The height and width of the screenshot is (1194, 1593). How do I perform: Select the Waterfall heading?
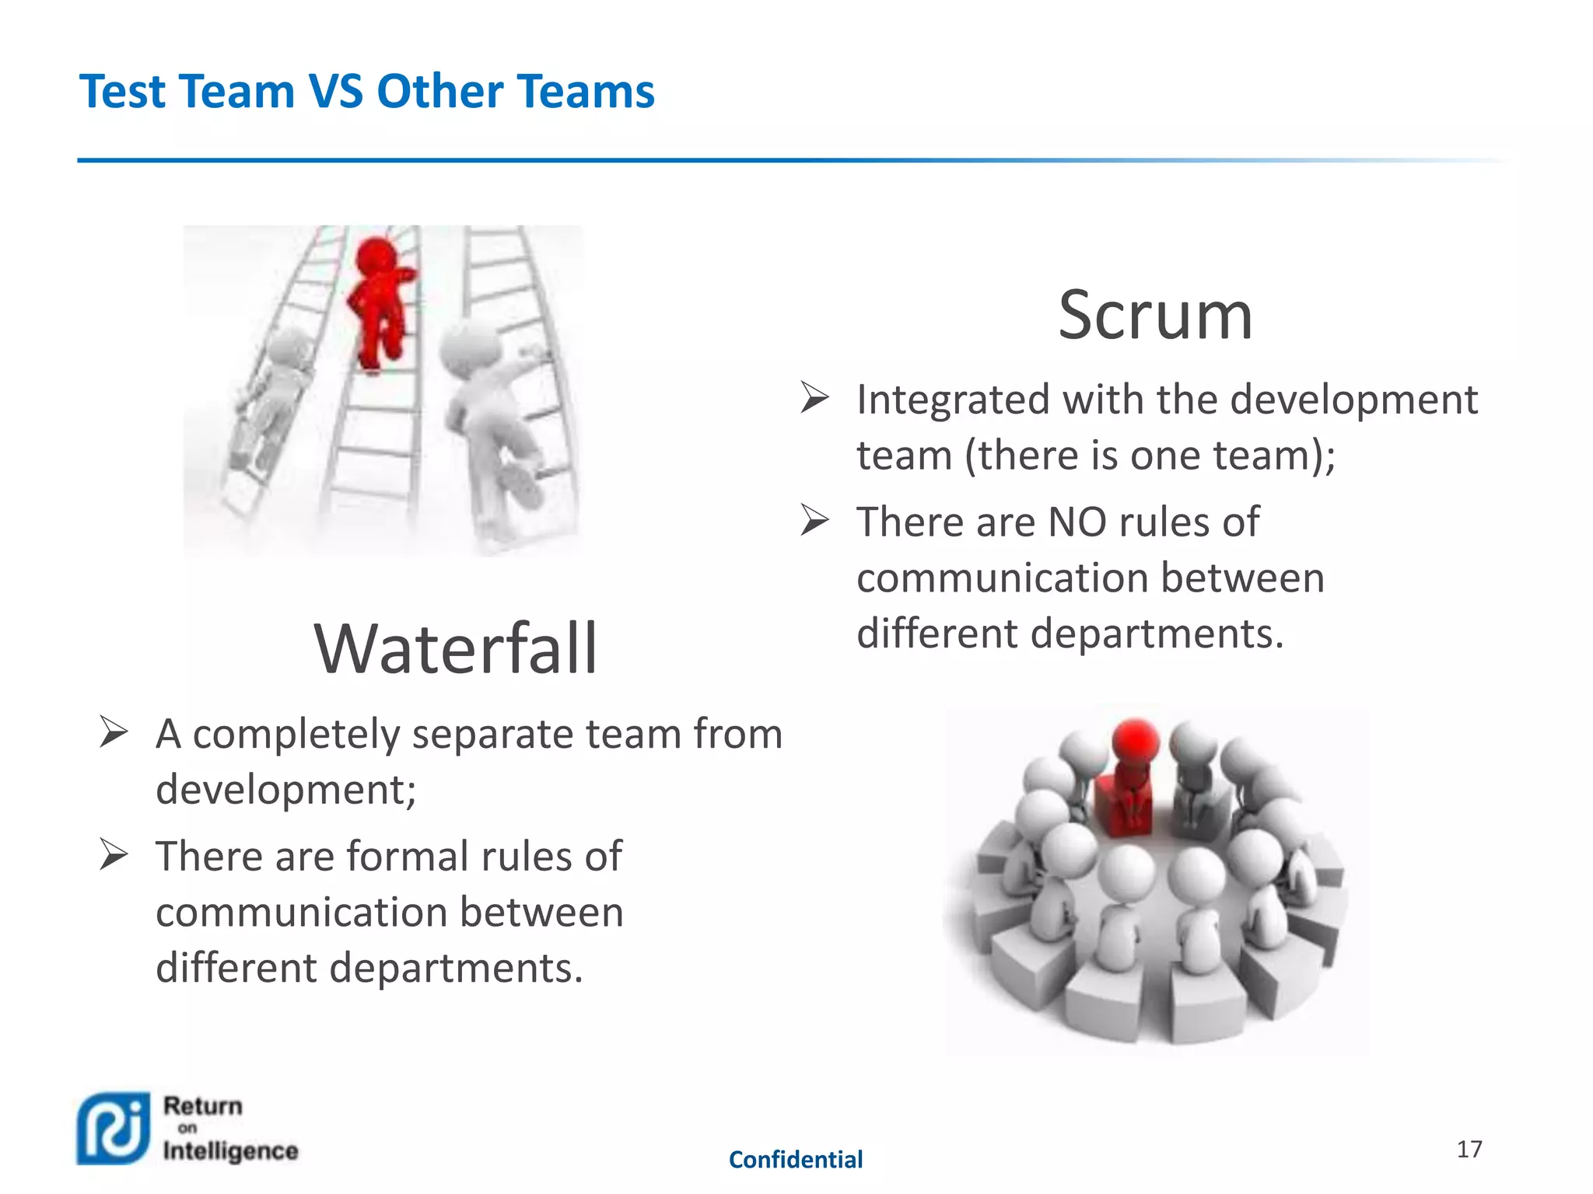(456, 649)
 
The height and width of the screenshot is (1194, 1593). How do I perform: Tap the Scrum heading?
(1155, 316)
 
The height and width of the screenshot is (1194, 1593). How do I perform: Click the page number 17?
(1469, 1149)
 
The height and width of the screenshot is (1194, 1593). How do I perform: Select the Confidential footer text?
(795, 1160)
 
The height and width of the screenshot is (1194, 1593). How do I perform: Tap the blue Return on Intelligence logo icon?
(114, 1128)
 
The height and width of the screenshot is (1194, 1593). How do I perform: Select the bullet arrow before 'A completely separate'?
(114, 732)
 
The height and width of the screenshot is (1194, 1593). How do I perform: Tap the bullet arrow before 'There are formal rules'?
(114, 855)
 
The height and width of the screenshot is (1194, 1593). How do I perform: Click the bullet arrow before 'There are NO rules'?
(815, 520)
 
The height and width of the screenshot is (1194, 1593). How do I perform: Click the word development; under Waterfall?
(285, 791)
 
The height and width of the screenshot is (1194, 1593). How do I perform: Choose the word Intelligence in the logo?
(230, 1151)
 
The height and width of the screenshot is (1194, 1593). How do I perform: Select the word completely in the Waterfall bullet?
(296, 735)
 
